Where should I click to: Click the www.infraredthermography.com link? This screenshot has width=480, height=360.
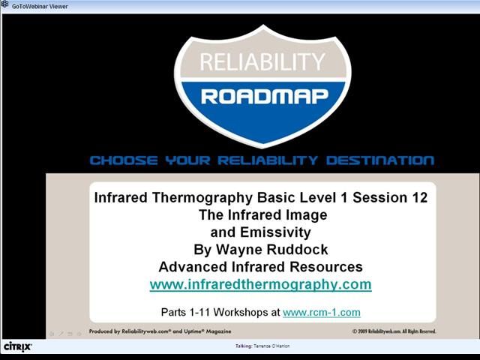tap(260, 285)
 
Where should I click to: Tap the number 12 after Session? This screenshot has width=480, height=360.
tap(420, 198)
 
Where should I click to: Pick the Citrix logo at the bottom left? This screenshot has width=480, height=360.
tap(18, 347)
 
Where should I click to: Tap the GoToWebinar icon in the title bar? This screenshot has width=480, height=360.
tap(4, 4)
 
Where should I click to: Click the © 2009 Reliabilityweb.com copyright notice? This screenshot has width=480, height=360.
tap(394, 331)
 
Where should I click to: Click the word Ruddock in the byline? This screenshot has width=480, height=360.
tap(298, 250)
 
